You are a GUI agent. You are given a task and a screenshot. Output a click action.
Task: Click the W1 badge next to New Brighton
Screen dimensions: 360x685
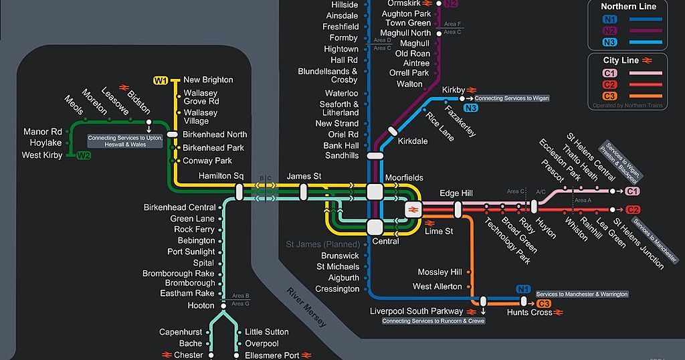161,81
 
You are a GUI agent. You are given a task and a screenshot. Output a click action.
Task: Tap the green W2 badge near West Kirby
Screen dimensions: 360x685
83,156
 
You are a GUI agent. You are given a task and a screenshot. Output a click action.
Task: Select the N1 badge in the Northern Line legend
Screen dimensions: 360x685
609,19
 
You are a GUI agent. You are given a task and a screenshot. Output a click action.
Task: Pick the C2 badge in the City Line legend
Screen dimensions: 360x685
609,84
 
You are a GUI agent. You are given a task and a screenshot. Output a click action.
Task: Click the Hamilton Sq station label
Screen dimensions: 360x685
221,176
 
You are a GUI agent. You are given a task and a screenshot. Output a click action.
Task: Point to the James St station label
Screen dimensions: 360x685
304,176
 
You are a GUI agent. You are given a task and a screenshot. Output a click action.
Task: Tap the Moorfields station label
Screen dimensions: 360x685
404,178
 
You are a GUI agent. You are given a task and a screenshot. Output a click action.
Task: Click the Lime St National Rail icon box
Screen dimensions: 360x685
412,210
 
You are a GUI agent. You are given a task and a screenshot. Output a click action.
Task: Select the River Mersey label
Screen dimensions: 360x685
306,307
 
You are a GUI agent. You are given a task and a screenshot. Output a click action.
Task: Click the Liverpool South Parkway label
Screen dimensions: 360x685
416,311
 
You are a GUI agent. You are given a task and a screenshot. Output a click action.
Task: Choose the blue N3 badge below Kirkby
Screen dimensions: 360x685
470,108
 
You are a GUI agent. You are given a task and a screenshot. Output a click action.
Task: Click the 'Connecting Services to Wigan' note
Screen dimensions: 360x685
512,98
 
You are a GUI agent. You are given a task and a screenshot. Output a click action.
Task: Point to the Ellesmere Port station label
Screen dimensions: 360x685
272,355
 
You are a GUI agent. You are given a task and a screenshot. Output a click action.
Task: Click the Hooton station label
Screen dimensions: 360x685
201,306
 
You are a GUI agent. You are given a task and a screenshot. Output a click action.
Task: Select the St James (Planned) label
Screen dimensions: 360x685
322,244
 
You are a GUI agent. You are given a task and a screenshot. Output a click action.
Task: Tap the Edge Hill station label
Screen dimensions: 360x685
458,193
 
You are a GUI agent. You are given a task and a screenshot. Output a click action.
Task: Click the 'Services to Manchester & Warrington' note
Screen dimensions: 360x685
582,294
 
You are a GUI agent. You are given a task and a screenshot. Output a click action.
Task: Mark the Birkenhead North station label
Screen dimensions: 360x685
215,134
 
